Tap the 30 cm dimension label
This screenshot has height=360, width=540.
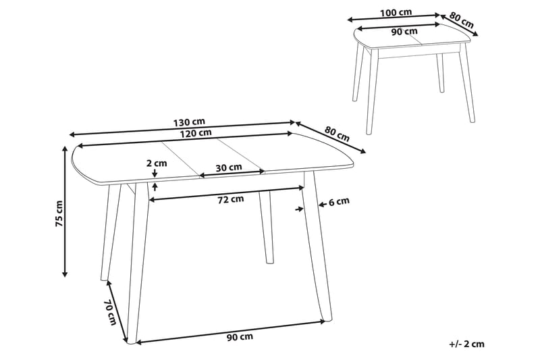tap(229, 167)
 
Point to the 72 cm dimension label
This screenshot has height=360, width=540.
tap(230, 199)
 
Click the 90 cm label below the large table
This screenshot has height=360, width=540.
tap(240, 336)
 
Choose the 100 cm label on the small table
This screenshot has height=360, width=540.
tap(396, 13)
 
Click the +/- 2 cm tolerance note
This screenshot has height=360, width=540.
tap(466, 343)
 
